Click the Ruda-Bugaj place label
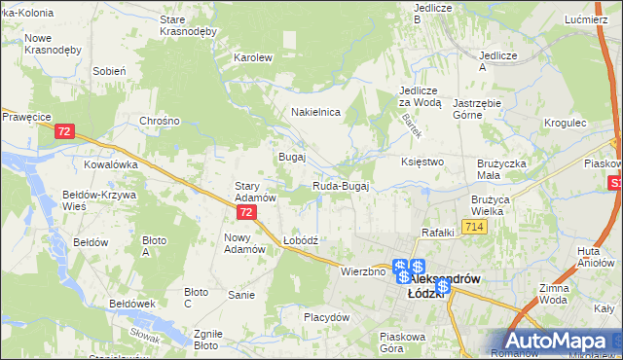(x=340, y=186)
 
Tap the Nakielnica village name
(x=315, y=112)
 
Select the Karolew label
(x=252, y=57)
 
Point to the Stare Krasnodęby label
(x=187, y=25)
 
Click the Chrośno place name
(x=161, y=121)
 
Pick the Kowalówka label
(x=111, y=164)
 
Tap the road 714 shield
(x=474, y=227)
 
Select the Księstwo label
(x=422, y=162)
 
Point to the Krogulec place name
(x=565, y=124)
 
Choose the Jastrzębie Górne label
(x=483, y=108)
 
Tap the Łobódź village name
(x=301, y=239)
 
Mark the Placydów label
(x=326, y=317)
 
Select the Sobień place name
(x=109, y=71)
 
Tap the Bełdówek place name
(x=132, y=304)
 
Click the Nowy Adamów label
(x=244, y=243)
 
